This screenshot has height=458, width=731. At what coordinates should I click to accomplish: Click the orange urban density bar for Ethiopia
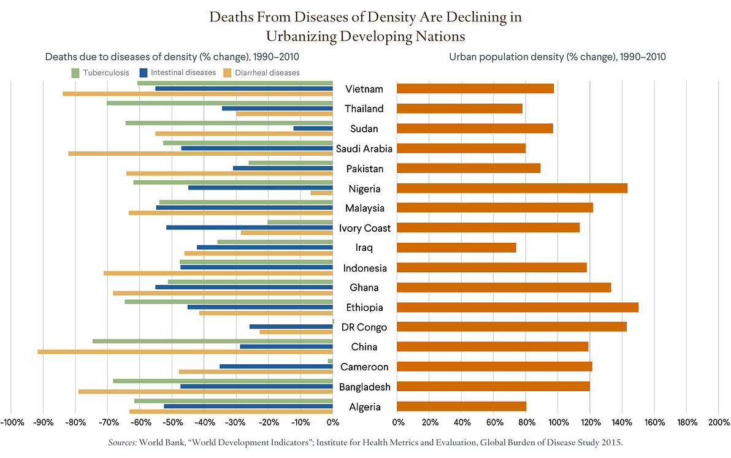[518, 307]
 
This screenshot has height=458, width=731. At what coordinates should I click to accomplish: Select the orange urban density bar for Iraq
[456, 248]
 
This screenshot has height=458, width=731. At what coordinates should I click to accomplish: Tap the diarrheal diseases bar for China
[185, 352]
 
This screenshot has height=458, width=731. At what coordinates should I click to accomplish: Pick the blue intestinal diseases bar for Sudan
[313, 128]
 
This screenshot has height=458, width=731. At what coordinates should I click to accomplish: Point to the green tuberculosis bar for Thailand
[219, 102]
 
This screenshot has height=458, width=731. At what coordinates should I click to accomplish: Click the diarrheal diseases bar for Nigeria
[321, 193]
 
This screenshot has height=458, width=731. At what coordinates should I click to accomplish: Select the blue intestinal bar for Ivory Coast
[249, 227]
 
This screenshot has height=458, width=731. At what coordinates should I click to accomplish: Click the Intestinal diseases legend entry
[178, 72]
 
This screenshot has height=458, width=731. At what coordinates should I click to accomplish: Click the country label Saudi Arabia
[364, 148]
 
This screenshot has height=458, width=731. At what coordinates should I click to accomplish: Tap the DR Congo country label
[364, 327]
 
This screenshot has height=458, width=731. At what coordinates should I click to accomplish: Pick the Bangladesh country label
[364, 387]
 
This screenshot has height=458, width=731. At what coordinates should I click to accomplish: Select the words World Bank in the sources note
[160, 442]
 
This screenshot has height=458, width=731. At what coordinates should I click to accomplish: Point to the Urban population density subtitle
[557, 57]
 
